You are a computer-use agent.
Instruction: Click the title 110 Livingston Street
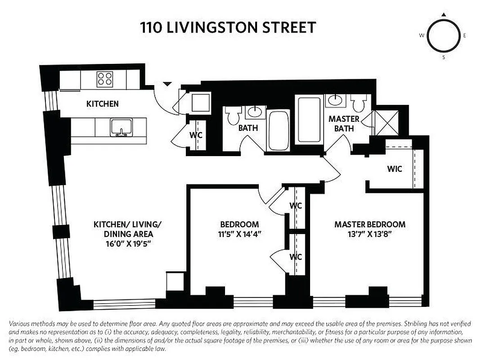coord(228,28)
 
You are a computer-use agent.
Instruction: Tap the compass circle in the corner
coord(443,36)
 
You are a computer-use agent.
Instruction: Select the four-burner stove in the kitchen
coord(104,80)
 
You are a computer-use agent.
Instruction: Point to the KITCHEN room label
coord(102,104)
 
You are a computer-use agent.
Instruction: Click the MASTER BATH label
coord(344,124)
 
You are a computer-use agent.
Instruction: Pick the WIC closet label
coord(394,169)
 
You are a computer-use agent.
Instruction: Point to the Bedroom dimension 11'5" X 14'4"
coord(239,234)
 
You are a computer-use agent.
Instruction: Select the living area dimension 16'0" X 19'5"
coord(123,244)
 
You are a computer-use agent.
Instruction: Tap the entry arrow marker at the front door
coord(167,84)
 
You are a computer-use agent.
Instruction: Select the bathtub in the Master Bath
coord(308,119)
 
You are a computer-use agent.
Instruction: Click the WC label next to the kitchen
coord(195,135)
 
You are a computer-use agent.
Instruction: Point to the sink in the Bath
coord(255,111)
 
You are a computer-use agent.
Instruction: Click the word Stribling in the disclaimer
coord(417,324)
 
